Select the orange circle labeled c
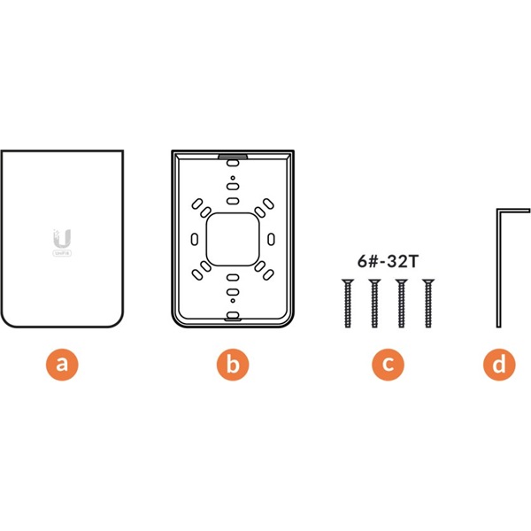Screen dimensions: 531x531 point(388,365)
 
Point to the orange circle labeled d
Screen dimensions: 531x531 point(501,365)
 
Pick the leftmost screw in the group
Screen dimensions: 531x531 point(346,303)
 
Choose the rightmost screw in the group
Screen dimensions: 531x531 point(430,303)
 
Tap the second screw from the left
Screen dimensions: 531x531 point(374,303)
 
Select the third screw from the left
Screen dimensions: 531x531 point(403,303)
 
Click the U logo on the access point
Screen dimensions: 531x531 point(62,236)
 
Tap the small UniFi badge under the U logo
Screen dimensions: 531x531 point(62,254)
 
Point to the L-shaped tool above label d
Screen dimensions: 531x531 point(498,265)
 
